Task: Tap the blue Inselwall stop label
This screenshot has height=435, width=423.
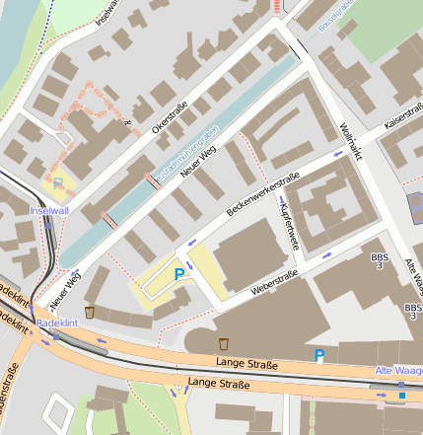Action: click(50, 211)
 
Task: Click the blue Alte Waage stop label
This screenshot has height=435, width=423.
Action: click(398, 370)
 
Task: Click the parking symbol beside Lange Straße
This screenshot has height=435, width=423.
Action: click(318, 355)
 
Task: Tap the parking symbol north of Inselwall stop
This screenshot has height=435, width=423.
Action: click(57, 182)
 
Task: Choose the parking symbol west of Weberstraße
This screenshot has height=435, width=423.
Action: click(178, 274)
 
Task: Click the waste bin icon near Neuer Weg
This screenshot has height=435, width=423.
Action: click(90, 312)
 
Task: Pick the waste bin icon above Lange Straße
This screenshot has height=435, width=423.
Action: click(224, 343)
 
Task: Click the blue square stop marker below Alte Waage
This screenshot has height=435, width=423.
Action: click(401, 396)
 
